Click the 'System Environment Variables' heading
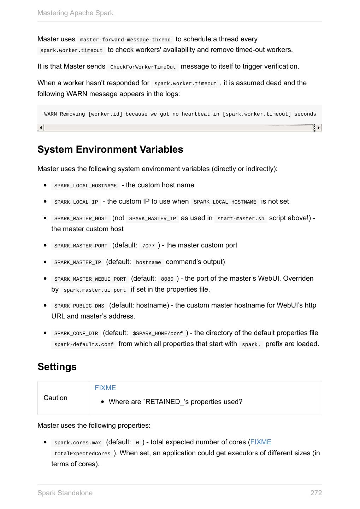tap(110, 150)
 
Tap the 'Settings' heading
tap(57, 367)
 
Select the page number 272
tap(316, 493)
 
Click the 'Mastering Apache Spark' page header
tap(75, 13)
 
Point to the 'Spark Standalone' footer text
tap(65, 493)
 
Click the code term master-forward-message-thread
tap(125, 40)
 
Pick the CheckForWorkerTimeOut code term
tap(143, 67)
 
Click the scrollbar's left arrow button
tap(41, 128)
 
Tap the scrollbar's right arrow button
tap(319, 128)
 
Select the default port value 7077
tap(148, 246)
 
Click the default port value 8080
tap(167, 279)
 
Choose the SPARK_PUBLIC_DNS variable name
tap(79, 306)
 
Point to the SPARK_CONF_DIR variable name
tap(76, 333)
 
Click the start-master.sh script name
tap(241, 218)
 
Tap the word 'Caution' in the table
tap(55, 398)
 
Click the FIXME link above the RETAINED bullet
tap(105, 388)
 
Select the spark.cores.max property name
tap(78, 443)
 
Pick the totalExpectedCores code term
tap(82, 454)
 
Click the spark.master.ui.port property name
tap(95, 290)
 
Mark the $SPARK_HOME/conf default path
tap(158, 333)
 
